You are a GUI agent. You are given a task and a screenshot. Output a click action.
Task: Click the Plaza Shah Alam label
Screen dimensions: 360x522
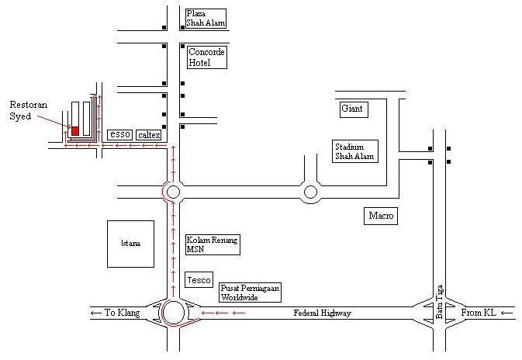(x=206, y=19)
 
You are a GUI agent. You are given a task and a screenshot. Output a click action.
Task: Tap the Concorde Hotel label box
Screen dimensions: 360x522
(x=206, y=57)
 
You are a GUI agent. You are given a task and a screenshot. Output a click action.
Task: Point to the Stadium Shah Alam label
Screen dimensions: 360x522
(x=354, y=151)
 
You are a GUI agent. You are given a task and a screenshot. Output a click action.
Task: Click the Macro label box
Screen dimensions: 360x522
(x=380, y=215)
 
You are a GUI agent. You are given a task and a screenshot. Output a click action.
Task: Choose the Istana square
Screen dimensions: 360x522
(x=130, y=244)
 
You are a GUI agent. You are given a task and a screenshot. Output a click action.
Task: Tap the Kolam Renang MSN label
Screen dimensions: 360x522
(x=212, y=244)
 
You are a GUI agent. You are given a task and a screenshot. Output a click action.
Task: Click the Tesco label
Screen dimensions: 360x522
(x=199, y=279)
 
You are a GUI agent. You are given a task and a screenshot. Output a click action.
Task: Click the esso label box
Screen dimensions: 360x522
(x=119, y=134)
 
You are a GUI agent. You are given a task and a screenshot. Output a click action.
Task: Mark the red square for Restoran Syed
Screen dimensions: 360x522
(x=75, y=130)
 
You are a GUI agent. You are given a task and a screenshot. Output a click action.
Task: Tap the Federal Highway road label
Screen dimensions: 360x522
(x=323, y=313)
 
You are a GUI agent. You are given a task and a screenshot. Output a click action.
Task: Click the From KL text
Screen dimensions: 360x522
(x=479, y=313)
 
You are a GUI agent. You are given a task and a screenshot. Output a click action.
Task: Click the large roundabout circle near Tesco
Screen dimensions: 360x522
(x=174, y=313)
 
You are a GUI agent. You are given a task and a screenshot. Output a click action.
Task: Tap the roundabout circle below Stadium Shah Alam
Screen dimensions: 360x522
(x=310, y=191)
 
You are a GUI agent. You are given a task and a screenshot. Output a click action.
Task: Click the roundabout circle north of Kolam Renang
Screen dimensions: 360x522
(x=172, y=191)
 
